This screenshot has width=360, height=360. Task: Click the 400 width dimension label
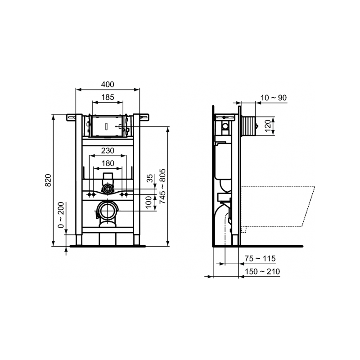tap(108, 84)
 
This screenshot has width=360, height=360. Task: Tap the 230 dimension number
tap(108, 150)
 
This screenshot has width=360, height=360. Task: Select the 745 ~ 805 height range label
tap(163, 187)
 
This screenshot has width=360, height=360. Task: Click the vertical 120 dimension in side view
tap(267, 125)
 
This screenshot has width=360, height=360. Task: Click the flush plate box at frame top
tap(108, 126)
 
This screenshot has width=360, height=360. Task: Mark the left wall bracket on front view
tap(70, 118)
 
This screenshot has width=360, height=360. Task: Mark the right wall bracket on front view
tap(145, 118)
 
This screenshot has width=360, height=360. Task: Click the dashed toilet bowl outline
tap(279, 205)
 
